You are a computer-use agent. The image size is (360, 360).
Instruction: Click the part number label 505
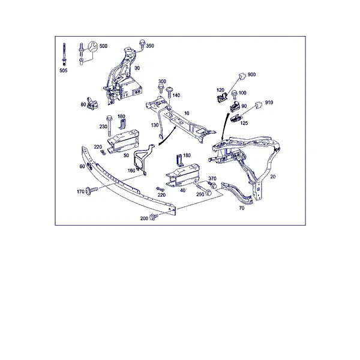[64, 70]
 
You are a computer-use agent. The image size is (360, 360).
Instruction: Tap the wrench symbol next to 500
[93, 46]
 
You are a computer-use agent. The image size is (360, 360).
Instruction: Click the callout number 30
[137, 68]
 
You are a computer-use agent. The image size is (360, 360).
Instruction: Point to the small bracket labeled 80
[92, 104]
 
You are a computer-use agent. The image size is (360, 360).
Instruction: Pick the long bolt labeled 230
[109, 125]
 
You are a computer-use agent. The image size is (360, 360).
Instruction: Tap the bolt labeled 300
[161, 89]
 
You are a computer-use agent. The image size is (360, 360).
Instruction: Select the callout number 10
[187, 113]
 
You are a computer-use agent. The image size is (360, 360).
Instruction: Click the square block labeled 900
[242, 76]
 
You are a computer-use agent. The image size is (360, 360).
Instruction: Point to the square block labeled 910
[259, 104]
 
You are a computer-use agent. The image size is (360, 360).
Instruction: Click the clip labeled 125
[236, 119]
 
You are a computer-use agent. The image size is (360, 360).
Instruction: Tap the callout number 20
[273, 176]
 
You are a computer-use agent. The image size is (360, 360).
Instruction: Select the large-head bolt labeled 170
[92, 191]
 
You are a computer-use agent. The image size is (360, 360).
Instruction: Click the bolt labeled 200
[154, 217]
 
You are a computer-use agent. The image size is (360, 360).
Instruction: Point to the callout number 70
[242, 208]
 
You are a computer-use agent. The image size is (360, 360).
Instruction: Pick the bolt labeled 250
[203, 188]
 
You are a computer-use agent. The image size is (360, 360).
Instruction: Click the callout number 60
[82, 166]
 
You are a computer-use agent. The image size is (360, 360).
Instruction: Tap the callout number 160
[131, 170]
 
